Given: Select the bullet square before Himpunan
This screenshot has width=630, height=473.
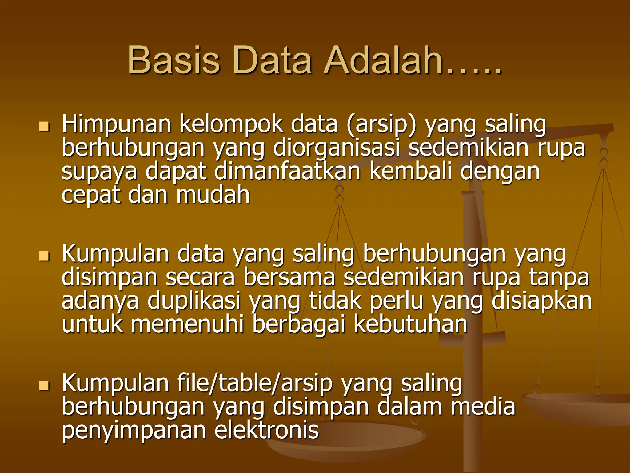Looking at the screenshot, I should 44,126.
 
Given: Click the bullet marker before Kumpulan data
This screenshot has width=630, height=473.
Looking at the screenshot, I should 44,256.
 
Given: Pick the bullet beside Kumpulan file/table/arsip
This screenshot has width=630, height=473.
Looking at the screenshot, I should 44,385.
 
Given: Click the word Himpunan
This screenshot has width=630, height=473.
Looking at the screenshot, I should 116,125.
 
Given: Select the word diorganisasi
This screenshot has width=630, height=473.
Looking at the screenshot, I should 336,148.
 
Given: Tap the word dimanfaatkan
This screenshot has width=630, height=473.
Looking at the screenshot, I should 287,172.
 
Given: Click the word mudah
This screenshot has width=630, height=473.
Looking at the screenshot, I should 213,195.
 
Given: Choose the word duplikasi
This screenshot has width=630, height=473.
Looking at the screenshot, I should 194,301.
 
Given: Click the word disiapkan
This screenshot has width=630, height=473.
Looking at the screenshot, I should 541,301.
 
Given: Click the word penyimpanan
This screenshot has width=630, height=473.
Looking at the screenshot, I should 134,431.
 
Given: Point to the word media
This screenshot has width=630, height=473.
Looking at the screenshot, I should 483,407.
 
